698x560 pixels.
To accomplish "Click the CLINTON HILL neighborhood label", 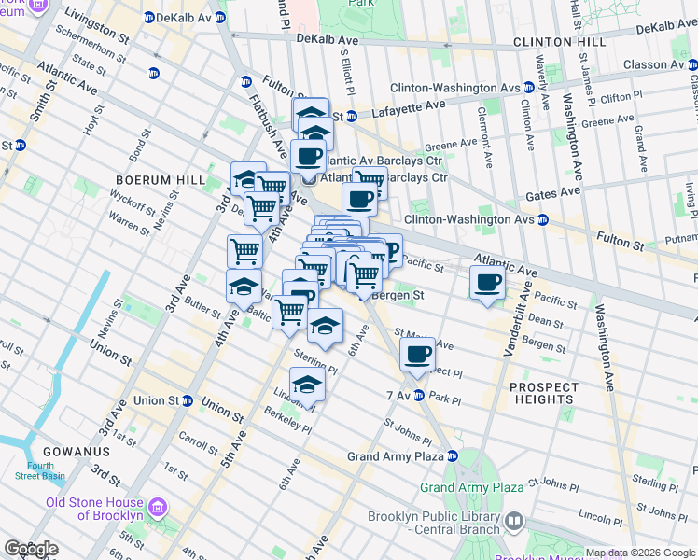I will pyautogui.click(x=557, y=42).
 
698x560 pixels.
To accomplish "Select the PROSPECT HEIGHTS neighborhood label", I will pyautogui.click(x=537, y=392).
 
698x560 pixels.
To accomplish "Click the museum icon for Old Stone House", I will pyautogui.click(x=158, y=509).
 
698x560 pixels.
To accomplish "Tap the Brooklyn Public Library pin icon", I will pyautogui.click(x=513, y=520).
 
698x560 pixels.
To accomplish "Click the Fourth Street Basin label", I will pyautogui.click(x=40, y=470).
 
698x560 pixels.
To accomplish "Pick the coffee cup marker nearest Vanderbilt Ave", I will pyautogui.click(x=486, y=282).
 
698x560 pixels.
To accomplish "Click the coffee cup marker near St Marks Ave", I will pyautogui.click(x=417, y=353).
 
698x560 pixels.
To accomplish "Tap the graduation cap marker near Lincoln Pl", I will pyautogui.click(x=306, y=383).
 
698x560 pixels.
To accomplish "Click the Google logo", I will pyautogui.click(x=31, y=549).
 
